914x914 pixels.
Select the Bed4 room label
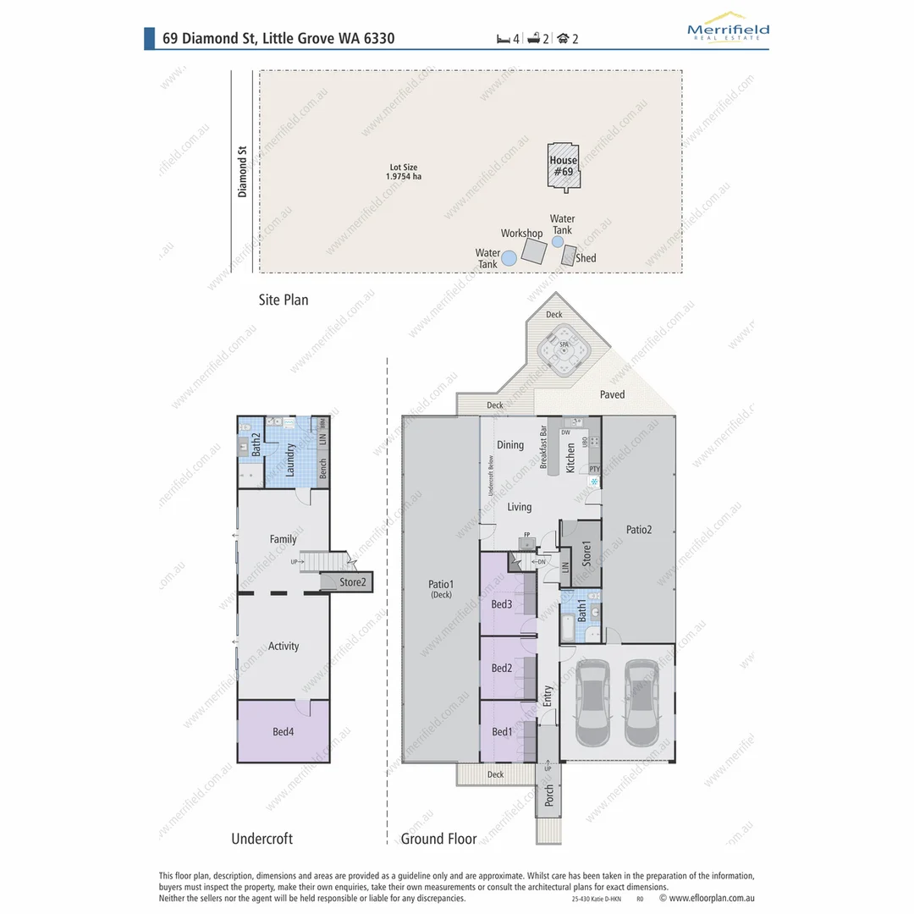tap(283, 732)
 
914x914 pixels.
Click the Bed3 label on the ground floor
tap(502, 604)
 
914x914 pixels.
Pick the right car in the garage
tap(641, 702)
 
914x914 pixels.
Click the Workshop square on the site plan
tap(533, 251)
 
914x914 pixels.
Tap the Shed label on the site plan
tap(586, 258)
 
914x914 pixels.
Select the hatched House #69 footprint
tap(563, 165)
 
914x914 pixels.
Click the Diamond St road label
tap(242, 172)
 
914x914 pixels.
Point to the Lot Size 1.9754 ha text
tap(403, 172)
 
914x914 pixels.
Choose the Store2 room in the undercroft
tap(352, 582)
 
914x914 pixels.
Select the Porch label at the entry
tap(548, 795)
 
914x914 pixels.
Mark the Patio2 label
tap(639, 530)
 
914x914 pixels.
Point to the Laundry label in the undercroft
tap(289, 460)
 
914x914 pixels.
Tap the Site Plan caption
tap(284, 300)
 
